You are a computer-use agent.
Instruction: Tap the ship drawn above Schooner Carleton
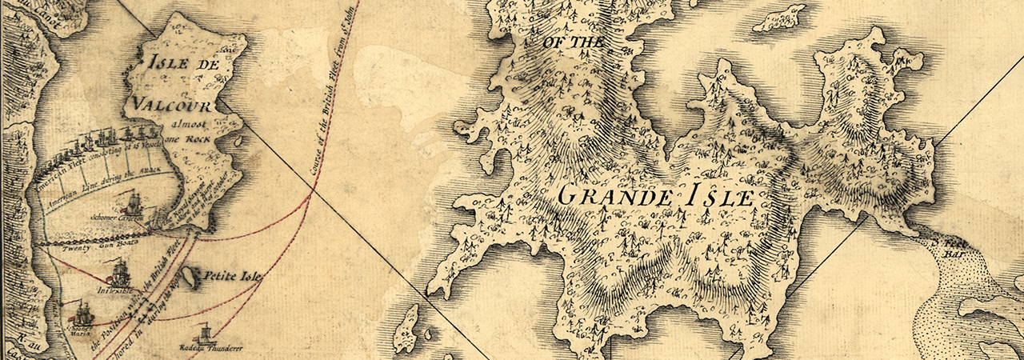[x=132, y=201]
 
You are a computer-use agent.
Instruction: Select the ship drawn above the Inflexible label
[x=120, y=273]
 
